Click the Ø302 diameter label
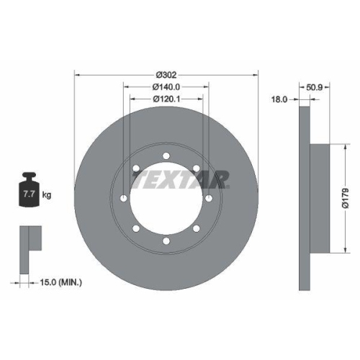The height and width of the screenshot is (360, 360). coord(166,73)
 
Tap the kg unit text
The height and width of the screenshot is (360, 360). coord(48,195)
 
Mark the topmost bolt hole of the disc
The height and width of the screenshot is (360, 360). coord(166,157)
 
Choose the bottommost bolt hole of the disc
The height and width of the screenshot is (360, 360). coord(166,240)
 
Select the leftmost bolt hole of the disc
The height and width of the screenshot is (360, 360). coord(124,199)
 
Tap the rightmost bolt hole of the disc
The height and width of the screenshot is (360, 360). coord(208,199)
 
